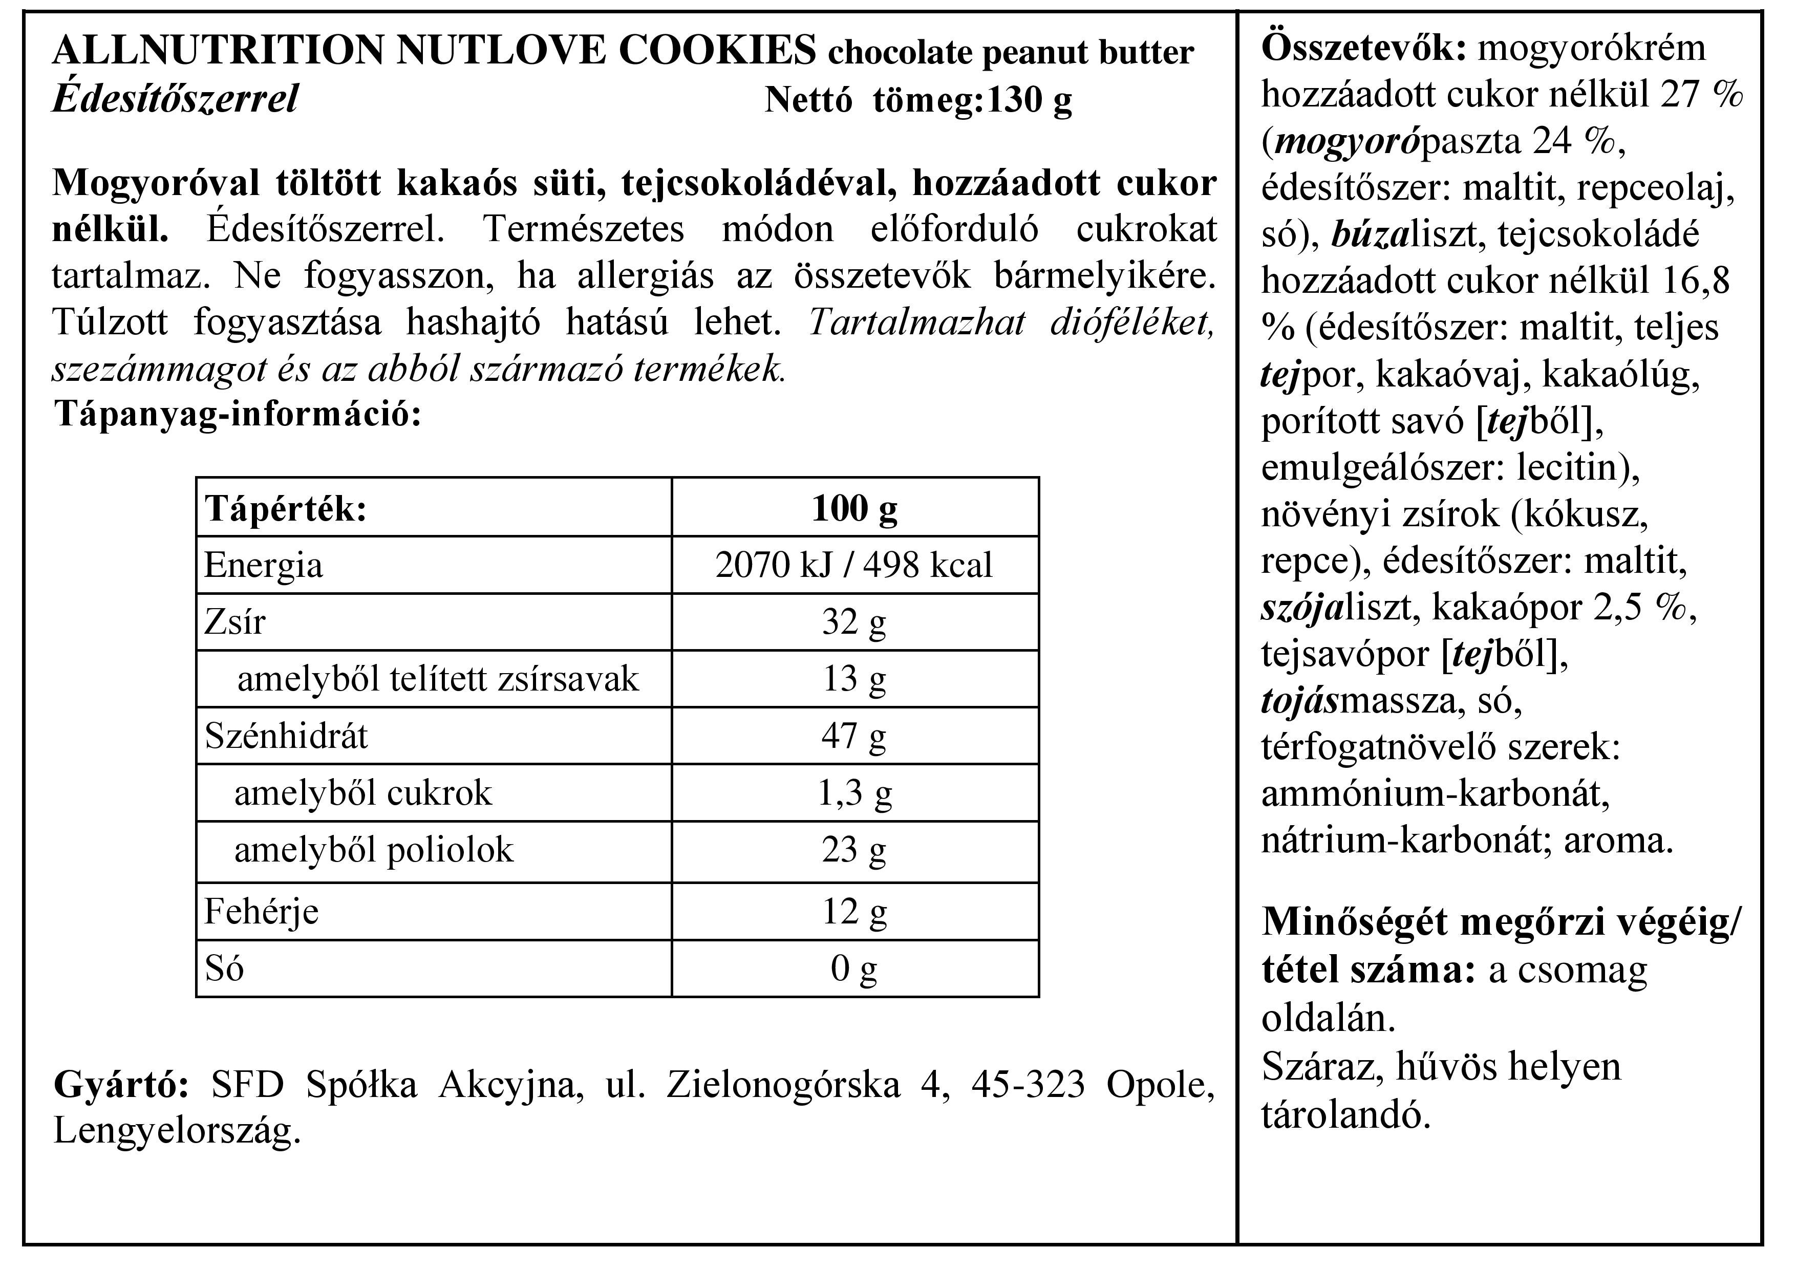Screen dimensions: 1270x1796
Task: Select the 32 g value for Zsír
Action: [853, 622]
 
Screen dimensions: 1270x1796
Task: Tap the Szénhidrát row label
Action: [286, 737]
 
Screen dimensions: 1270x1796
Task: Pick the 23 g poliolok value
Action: [853, 851]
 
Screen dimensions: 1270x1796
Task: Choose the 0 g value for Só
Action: [853, 969]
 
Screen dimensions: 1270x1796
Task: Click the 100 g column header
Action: [854, 508]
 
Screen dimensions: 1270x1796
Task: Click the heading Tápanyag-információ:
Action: [238, 414]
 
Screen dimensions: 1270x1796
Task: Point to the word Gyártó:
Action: [121, 1085]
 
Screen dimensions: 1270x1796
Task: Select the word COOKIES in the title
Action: [717, 51]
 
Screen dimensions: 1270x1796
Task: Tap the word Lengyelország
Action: [177, 1131]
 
